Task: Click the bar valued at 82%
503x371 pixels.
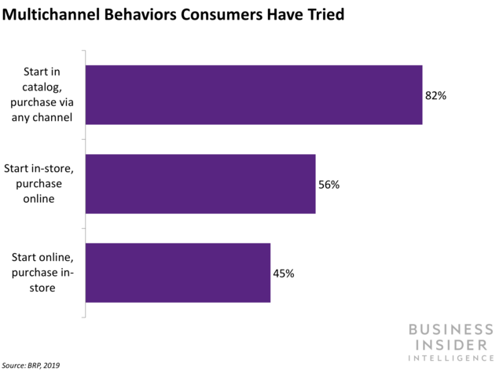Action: click(x=253, y=95)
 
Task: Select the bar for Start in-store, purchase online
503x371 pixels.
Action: click(x=200, y=184)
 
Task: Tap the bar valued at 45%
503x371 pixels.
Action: click(x=178, y=273)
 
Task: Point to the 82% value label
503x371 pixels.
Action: click(x=436, y=96)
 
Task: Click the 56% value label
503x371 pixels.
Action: click(x=329, y=185)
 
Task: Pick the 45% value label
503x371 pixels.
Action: click(x=285, y=274)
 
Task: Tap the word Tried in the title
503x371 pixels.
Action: click(x=322, y=17)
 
